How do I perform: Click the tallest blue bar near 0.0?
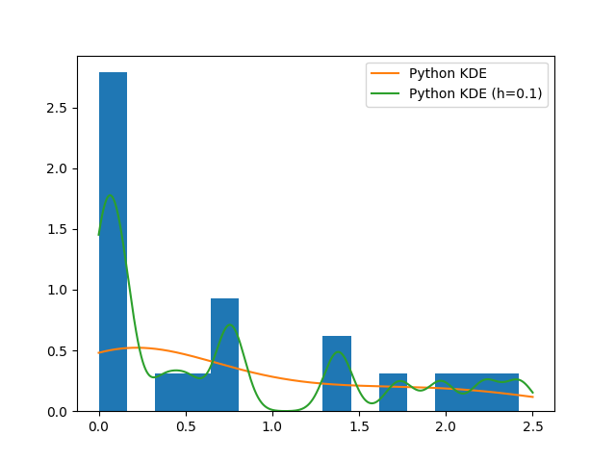[113, 241]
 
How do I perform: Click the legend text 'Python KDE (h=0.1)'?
[475, 93]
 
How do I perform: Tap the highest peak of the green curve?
[110, 195]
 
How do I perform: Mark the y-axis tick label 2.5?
[58, 108]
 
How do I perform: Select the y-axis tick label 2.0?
[58, 168]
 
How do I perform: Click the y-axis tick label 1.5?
[58, 229]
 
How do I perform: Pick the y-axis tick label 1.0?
[58, 290]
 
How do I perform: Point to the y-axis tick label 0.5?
[58, 350]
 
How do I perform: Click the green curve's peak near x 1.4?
[338, 351]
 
